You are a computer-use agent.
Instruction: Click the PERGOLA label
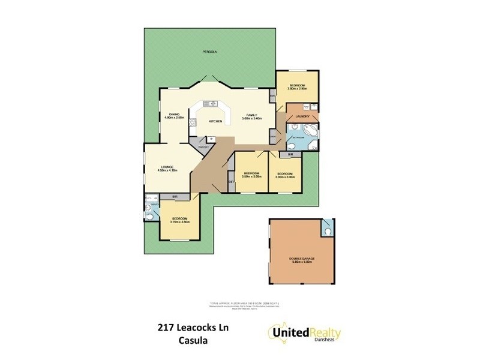(209, 53)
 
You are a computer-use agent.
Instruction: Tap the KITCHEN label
(215, 121)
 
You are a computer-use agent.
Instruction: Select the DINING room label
(174, 115)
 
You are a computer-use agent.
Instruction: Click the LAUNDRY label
(302, 116)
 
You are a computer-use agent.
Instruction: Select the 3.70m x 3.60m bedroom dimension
(180, 222)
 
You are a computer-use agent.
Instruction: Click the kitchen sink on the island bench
(211, 104)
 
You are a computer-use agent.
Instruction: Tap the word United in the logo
(290, 331)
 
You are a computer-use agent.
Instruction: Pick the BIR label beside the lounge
(175, 196)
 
